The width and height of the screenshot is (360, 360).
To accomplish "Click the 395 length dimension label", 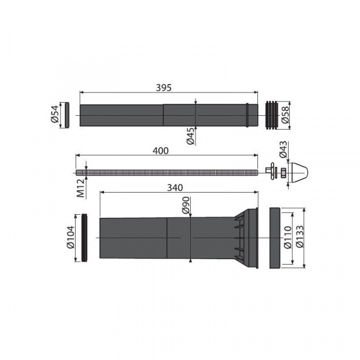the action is tap(164, 88).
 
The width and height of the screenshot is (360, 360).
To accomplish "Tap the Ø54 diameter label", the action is tap(55, 114).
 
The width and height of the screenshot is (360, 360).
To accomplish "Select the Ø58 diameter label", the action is tap(286, 115).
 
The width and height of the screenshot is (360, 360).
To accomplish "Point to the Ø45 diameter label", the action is tap(191, 136).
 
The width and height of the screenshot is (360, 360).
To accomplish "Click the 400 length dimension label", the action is tap(161, 151).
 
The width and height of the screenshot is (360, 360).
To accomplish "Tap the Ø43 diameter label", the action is tap(283, 149).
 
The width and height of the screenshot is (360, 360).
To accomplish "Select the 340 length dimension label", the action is tap(175, 188).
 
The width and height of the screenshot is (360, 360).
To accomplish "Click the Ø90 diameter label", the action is tap(186, 205).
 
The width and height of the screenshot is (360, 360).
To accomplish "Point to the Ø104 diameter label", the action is tap(70, 238).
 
